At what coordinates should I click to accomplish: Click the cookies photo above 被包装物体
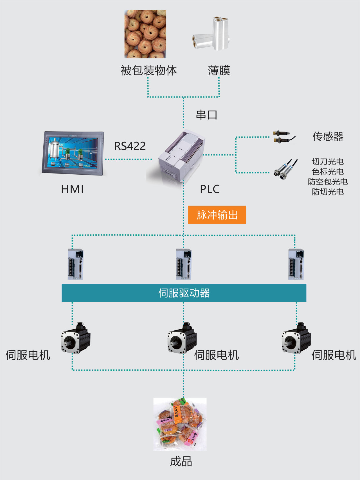point(145,34)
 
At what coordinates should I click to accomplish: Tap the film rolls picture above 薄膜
point(211,34)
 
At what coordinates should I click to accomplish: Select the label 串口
point(206,115)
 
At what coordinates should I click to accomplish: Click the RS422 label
point(130,146)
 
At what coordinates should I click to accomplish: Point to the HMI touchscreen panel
point(73,153)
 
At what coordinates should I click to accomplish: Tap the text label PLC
point(210,189)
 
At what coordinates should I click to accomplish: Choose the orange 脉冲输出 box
point(217,215)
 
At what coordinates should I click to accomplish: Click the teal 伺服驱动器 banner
point(184,293)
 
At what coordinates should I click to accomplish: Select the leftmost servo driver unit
point(75,264)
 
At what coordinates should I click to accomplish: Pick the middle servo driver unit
point(184,264)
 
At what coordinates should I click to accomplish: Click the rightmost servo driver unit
point(296,264)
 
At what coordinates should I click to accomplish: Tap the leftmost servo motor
point(76,339)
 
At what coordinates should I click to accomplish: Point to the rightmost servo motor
point(296,339)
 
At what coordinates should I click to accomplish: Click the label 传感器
point(328,137)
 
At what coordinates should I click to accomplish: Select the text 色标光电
point(328,172)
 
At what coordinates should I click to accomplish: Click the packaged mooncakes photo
point(180,424)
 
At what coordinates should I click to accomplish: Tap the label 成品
point(181,462)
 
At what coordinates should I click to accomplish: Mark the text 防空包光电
point(328,182)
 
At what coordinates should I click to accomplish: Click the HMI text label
point(72,189)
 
